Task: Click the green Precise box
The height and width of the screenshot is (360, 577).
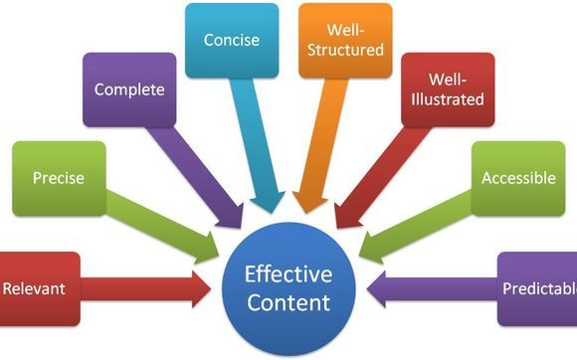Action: tap(57, 179)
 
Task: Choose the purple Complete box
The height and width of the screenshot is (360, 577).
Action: tap(129, 90)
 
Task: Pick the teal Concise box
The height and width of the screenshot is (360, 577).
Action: tap(231, 40)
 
